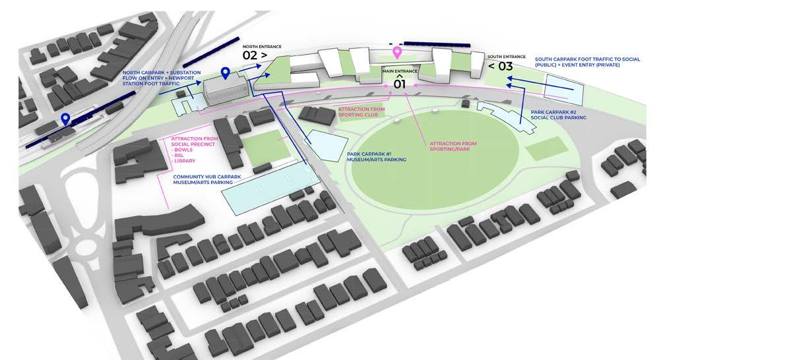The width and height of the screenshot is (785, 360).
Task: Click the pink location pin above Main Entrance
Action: click(397, 53)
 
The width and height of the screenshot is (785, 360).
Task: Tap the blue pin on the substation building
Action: click(226, 73)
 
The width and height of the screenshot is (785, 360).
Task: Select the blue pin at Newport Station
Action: click(65, 119)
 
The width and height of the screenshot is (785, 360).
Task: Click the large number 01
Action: click(400, 84)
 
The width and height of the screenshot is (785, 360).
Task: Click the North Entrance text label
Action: click(262, 46)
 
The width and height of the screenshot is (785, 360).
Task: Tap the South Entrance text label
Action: click(507, 57)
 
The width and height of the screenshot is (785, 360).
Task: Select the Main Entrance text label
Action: click(400, 70)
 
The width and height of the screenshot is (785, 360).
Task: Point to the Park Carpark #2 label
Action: click(559, 115)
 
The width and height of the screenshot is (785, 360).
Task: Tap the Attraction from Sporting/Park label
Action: click(453, 146)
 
